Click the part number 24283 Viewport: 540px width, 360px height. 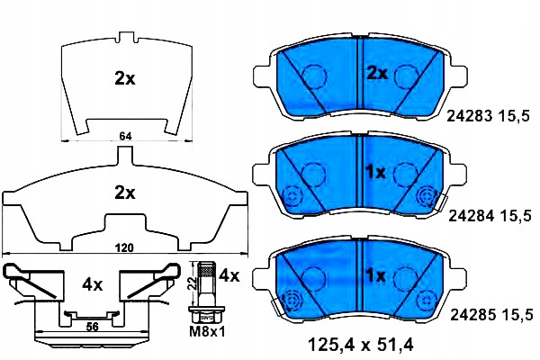click(x=470, y=116)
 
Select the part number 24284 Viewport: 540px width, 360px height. click(x=472, y=216)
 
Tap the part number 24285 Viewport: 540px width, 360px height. click(x=473, y=314)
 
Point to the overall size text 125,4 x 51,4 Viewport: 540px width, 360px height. click(x=360, y=344)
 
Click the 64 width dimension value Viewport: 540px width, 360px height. click(x=126, y=137)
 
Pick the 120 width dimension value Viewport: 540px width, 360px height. click(x=124, y=247)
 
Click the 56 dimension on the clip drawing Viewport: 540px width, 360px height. click(x=92, y=326)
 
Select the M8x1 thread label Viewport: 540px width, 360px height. click(x=207, y=332)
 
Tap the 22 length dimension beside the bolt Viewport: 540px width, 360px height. click(x=193, y=283)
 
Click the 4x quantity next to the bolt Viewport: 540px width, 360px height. click(x=229, y=275)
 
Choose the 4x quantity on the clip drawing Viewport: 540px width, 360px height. click(x=93, y=285)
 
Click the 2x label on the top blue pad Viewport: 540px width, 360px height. click(x=377, y=74)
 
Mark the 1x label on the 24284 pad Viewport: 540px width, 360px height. click(x=376, y=173)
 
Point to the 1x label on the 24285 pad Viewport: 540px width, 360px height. click(x=376, y=275)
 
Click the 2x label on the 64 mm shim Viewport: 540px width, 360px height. click(x=125, y=79)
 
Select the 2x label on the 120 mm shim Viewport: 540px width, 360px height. click(x=125, y=193)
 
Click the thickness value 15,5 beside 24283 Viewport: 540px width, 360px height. click(x=516, y=116)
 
